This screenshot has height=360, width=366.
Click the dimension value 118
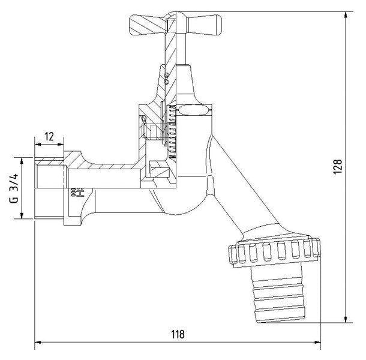(178, 334)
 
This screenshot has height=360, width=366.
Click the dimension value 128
(338, 166)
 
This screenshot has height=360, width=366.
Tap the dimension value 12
(49, 137)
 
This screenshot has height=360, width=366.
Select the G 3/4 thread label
(14, 188)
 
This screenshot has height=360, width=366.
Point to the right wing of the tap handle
(203, 25)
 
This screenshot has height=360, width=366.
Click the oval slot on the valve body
(193, 110)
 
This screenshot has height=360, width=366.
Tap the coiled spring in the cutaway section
(172, 131)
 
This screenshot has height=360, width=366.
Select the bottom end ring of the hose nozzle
(280, 315)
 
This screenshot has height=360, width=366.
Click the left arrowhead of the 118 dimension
(38, 342)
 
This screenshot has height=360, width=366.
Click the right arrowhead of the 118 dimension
(317, 342)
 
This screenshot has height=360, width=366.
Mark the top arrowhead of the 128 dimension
(346, 15)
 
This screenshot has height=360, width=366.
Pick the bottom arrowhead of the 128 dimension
(346, 319)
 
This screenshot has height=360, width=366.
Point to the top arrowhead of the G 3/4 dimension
(22, 161)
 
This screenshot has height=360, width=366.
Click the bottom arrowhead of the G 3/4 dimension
(22, 215)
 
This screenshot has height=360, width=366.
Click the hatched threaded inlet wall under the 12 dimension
(49, 161)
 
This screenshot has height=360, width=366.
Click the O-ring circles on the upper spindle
(166, 78)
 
